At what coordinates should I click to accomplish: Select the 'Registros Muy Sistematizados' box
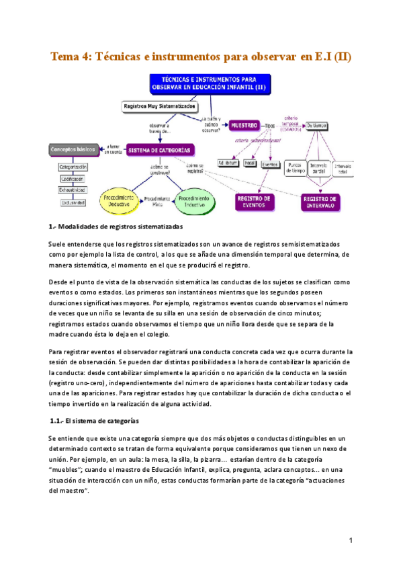click(160, 106)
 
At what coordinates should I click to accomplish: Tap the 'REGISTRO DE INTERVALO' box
click(320, 202)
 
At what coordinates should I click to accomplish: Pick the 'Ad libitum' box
click(228, 163)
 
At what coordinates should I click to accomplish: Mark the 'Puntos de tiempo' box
click(296, 168)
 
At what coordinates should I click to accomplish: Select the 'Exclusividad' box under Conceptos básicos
click(73, 202)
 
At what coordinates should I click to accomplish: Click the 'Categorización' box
click(73, 166)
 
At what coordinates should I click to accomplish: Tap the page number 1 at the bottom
click(351, 540)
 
